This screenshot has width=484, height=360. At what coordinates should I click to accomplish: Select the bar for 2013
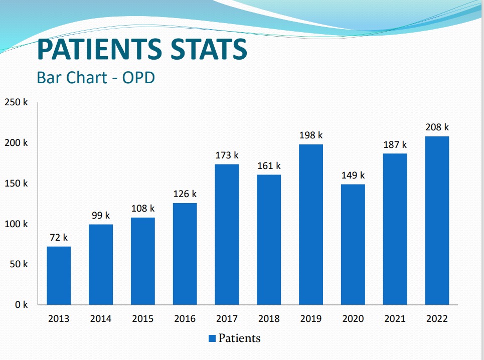59,275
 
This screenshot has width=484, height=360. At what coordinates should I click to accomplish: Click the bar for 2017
227,234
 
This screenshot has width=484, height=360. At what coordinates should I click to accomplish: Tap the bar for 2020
353,244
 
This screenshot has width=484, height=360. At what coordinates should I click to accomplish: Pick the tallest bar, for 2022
437,220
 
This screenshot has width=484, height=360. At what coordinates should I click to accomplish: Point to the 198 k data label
311,135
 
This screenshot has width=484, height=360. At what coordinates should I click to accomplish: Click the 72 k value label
59,238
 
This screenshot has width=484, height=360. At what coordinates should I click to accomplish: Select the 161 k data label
269,166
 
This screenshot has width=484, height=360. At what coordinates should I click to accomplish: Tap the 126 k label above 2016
185,194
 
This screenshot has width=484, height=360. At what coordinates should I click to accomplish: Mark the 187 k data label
395,145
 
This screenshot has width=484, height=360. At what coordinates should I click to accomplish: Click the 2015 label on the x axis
143,319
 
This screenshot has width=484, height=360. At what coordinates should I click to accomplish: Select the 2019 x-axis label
311,319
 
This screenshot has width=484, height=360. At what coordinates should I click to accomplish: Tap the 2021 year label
395,319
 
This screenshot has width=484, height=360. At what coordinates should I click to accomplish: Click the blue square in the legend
212,338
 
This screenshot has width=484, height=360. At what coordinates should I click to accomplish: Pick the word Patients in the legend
239,338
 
